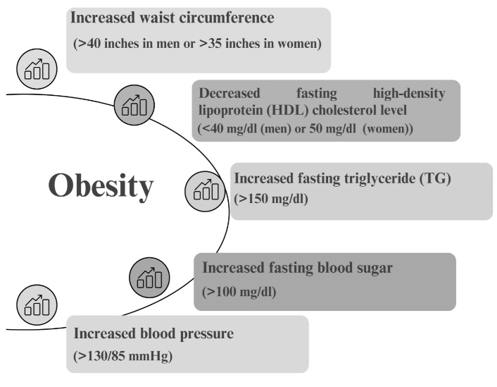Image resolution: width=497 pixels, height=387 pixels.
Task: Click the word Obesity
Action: coord(101,186)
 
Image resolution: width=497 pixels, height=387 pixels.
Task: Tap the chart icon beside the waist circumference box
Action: coord(37,69)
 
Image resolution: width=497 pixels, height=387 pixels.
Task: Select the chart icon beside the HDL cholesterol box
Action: coord(134,105)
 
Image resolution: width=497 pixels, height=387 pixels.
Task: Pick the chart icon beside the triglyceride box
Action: coord(206,191)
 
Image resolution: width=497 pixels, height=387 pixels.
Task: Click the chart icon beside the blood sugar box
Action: coord(149,278)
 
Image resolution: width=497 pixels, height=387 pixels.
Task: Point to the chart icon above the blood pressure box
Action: coord(37,305)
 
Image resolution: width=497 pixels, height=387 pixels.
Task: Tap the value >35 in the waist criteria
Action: coord(210,43)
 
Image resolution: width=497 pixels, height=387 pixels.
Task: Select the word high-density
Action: coord(409,94)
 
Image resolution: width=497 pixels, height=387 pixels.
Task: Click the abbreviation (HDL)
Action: coord(287,110)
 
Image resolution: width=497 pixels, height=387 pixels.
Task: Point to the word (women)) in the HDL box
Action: coord(388,128)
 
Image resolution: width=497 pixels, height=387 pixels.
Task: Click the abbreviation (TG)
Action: coord(435,178)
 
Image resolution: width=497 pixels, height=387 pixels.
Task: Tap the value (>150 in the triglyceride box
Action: coord(251,199)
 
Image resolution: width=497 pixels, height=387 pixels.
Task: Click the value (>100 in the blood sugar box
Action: coord(220,291)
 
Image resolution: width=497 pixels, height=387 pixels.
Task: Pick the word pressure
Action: coord(207,334)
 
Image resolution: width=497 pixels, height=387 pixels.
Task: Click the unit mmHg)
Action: coord(151,356)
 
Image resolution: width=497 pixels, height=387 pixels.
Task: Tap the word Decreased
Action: coord(229,93)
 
